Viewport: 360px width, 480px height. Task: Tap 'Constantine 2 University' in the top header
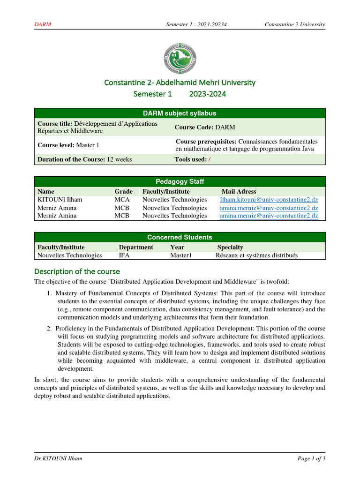click(x=295, y=25)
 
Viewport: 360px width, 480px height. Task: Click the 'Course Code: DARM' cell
click(x=205, y=127)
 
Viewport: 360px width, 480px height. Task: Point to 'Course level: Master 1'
click(x=68, y=145)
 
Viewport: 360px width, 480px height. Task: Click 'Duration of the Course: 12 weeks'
click(x=85, y=159)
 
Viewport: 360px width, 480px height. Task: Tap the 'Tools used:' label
click(x=191, y=159)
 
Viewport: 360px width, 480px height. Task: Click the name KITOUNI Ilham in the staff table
click(x=60, y=200)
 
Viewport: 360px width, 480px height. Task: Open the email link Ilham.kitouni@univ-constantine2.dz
click(x=269, y=200)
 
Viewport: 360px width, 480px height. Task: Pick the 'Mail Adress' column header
click(x=239, y=191)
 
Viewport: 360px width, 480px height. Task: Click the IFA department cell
click(x=125, y=255)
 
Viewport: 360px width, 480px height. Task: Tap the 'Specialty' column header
click(x=230, y=247)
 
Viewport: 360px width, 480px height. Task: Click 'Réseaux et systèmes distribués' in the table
click(x=256, y=255)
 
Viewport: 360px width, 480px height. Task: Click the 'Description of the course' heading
click(x=77, y=271)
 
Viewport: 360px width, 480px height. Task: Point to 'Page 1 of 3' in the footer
click(x=311, y=458)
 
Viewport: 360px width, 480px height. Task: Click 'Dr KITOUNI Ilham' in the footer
click(x=59, y=458)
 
